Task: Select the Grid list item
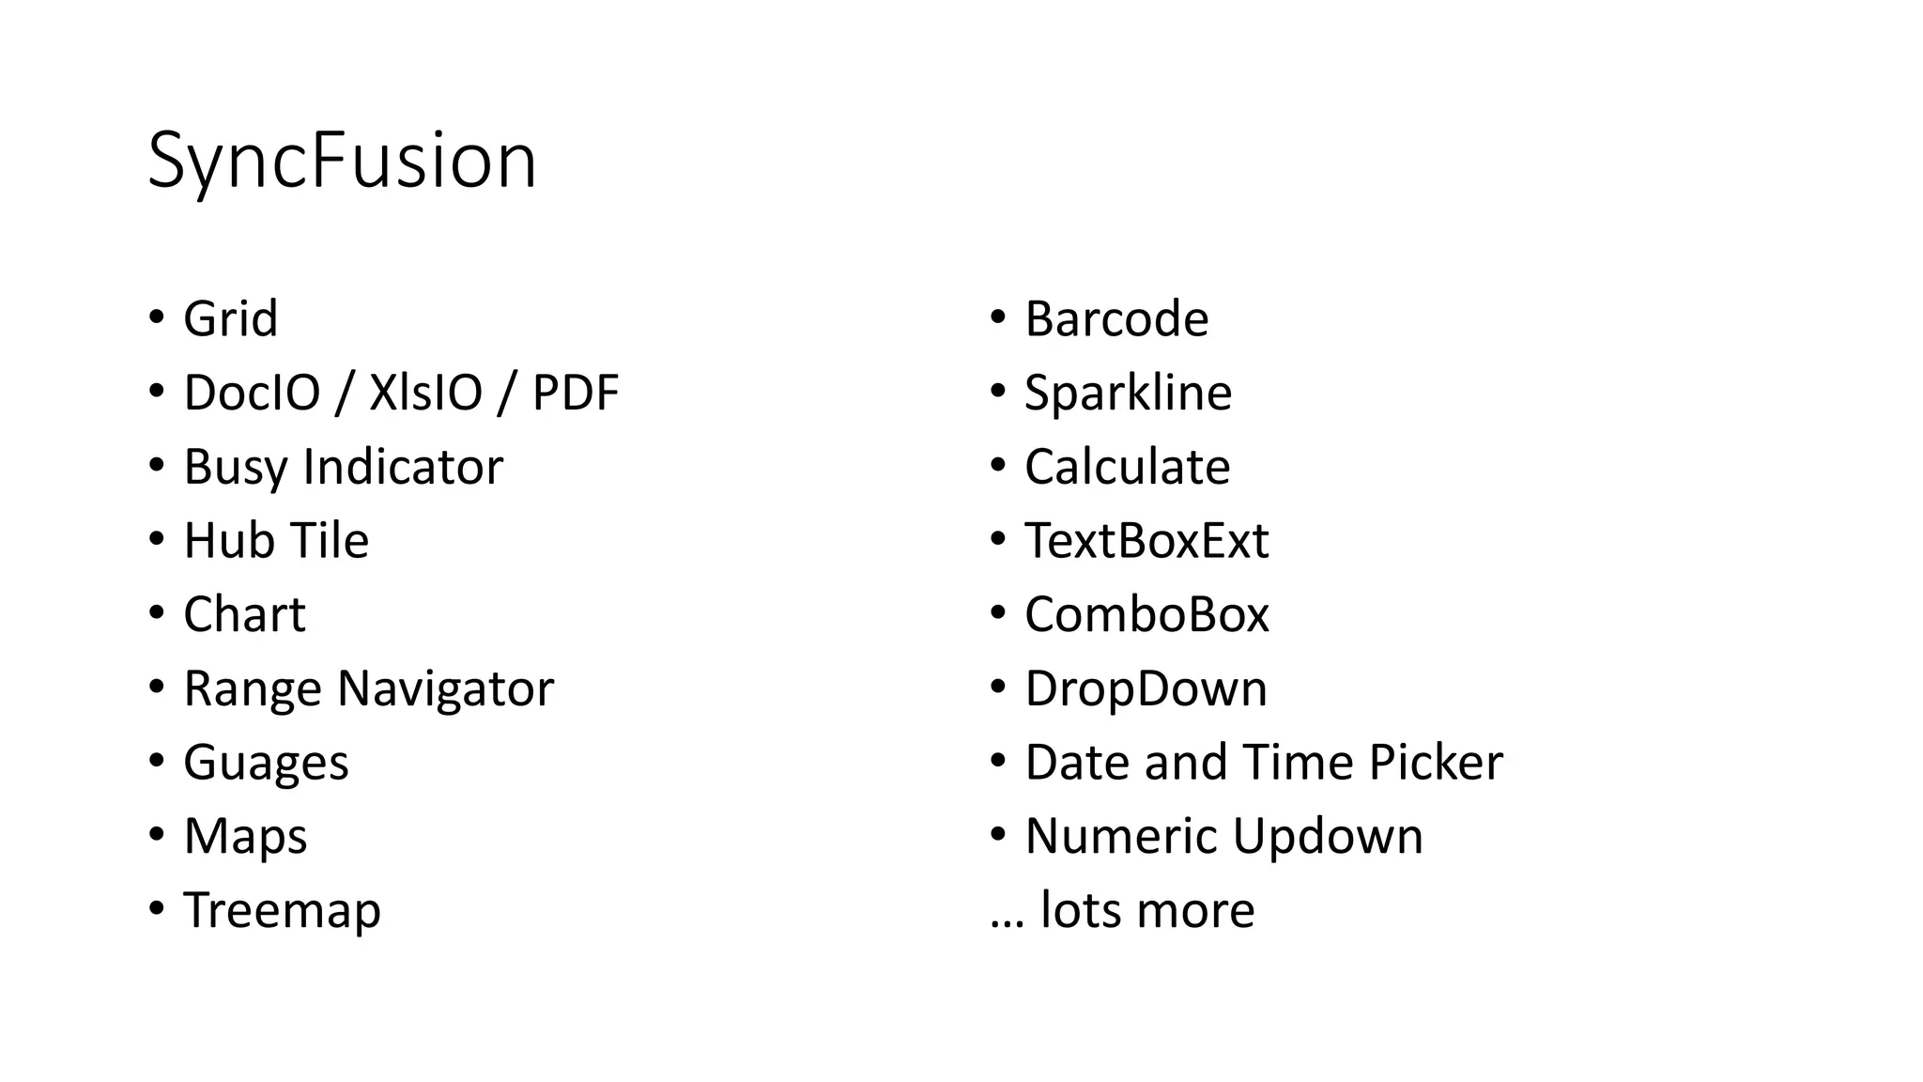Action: click(230, 318)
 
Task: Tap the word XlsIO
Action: click(425, 393)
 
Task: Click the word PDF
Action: click(575, 393)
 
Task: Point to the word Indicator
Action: click(403, 467)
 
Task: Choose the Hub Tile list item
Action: click(276, 540)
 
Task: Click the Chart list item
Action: click(244, 614)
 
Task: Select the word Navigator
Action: click(445, 688)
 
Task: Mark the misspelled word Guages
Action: click(266, 763)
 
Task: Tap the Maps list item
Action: click(245, 836)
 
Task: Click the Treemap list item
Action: click(282, 910)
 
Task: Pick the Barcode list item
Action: click(1116, 318)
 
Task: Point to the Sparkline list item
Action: click(1128, 393)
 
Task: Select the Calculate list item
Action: click(1127, 467)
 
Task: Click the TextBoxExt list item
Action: click(1146, 540)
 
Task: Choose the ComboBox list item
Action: click(1146, 614)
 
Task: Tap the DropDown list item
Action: click(1146, 688)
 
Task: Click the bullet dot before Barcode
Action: click(998, 317)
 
